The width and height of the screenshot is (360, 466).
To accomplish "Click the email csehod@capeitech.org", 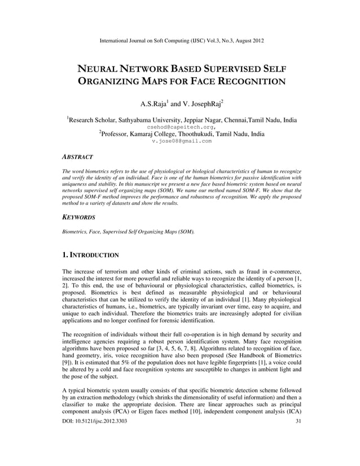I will click(180, 127).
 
